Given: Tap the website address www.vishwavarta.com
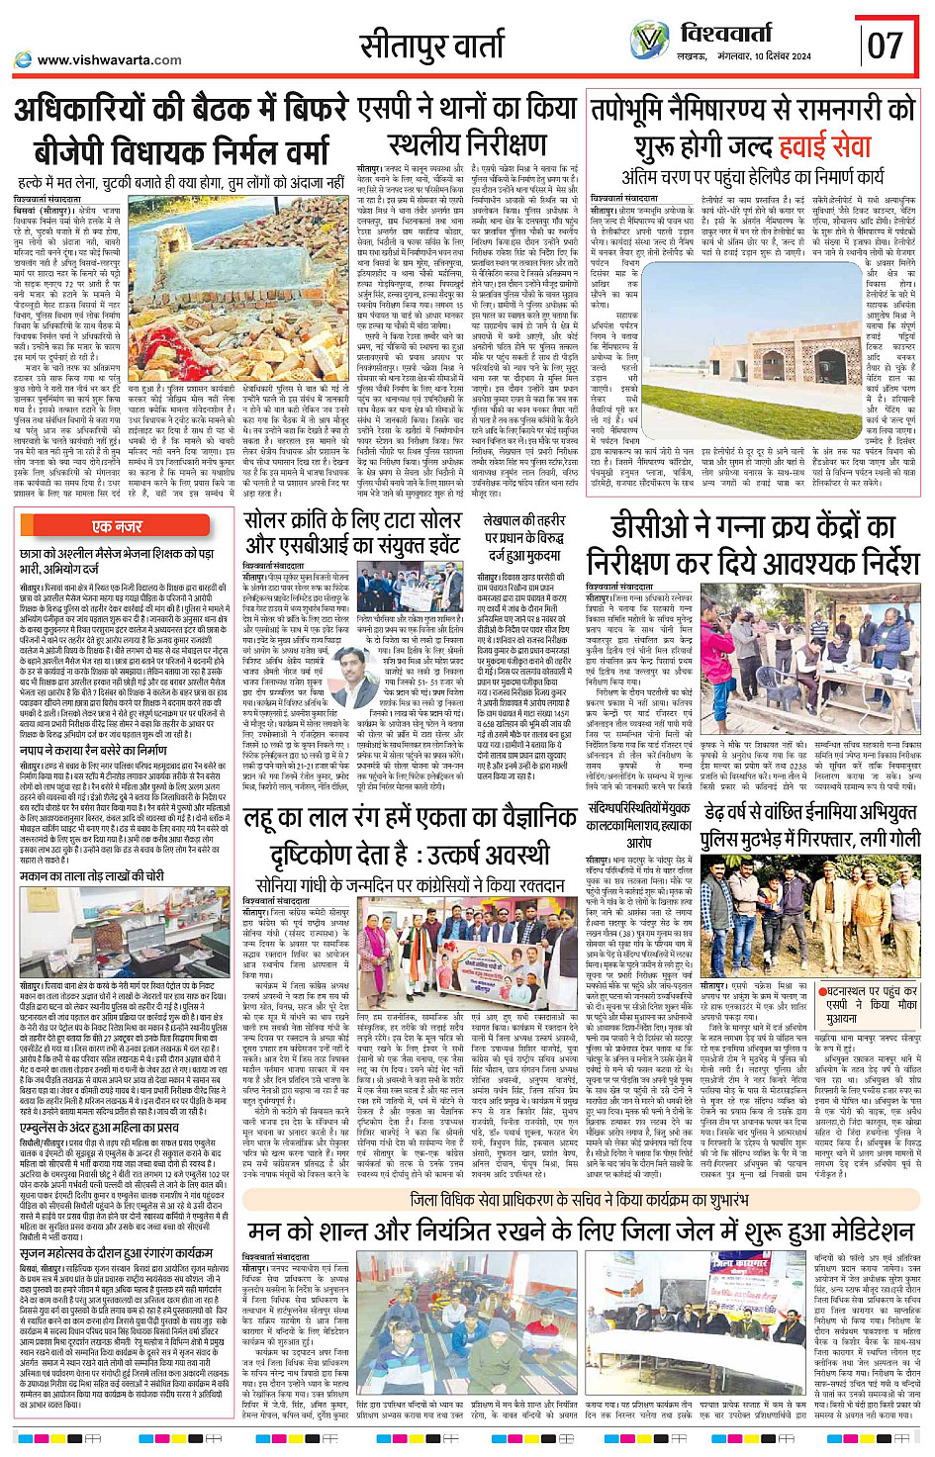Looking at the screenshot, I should point(110,59).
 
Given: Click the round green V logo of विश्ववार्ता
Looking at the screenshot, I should point(649,42).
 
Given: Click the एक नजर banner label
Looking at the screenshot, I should point(117,527).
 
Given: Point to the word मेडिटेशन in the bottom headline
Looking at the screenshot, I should point(852,1230).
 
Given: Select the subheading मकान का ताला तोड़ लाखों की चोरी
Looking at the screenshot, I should point(92,876).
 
